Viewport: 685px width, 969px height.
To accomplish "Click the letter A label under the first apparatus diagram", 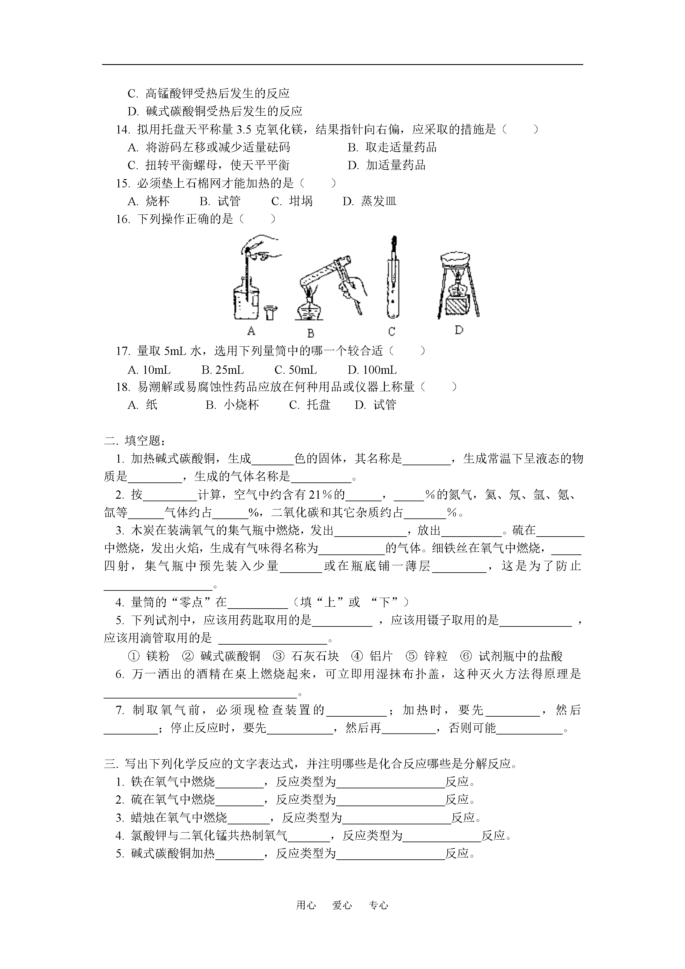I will pos(251,330).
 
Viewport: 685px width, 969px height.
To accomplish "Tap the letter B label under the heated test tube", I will pos(311,333).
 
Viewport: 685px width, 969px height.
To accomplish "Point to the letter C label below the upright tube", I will pos(392,332).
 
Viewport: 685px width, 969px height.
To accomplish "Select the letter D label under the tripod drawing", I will pos(459,330).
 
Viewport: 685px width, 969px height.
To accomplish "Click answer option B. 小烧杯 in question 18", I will pos(232,405).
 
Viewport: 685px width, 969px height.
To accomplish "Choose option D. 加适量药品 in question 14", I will pos(386,165).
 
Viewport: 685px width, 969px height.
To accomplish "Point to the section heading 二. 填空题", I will pos(135,441).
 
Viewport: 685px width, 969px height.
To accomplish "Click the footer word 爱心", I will pos(342,905).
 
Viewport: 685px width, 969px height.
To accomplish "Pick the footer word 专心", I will pos(378,905).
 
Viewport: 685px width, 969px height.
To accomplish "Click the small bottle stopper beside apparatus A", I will pos(270,313).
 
